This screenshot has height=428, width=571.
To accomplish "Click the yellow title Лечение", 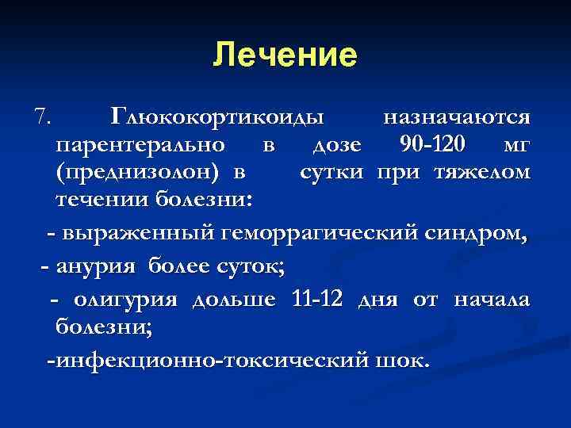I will [285, 55].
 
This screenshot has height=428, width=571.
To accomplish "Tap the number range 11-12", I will [316, 300].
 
